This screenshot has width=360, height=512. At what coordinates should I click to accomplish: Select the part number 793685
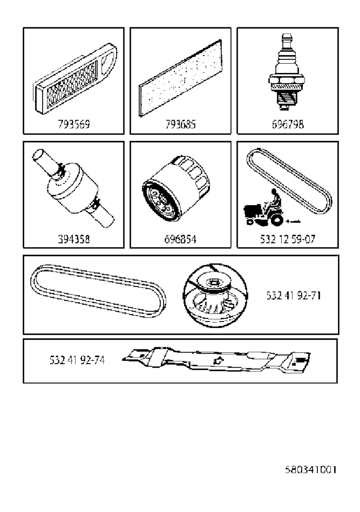tap(181, 124)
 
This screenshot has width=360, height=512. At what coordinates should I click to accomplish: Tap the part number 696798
tap(288, 124)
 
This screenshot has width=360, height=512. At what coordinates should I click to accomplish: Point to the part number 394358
tap(73, 239)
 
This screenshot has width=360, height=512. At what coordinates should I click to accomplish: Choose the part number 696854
tap(180, 239)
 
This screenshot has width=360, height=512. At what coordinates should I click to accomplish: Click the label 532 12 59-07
tap(288, 239)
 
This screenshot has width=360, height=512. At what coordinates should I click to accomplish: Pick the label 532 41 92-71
tap(294, 296)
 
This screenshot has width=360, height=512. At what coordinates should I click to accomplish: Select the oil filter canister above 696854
tap(176, 188)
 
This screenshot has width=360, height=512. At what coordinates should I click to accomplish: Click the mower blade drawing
tap(216, 361)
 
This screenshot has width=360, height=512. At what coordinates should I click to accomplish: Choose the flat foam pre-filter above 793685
tap(180, 78)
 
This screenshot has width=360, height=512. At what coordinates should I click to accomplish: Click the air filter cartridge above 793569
tap(75, 78)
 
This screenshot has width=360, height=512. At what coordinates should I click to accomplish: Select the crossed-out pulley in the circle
tap(215, 296)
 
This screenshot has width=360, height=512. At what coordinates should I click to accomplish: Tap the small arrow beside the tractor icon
tap(293, 221)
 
